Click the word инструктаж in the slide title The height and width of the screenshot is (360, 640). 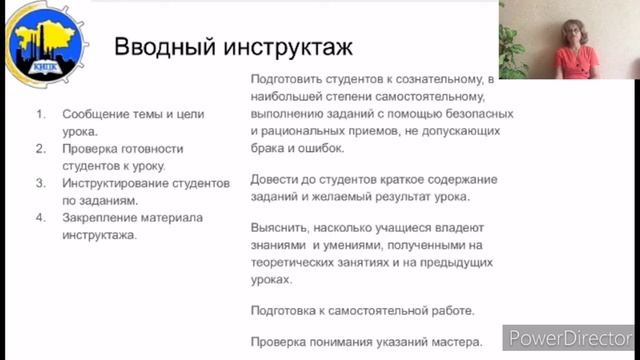(289, 47)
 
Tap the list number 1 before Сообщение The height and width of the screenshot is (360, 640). (41, 113)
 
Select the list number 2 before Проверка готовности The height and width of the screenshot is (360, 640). (41, 149)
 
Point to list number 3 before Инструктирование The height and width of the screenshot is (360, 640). (41, 184)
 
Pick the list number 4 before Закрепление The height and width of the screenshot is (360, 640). (41, 219)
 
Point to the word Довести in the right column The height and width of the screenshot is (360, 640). (274, 179)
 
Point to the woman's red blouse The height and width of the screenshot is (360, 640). (577, 62)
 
